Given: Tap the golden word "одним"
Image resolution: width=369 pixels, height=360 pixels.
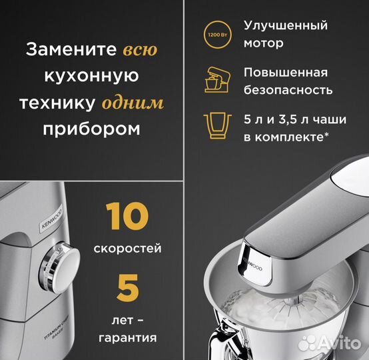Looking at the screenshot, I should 133,103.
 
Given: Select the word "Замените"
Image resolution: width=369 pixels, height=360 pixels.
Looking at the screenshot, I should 72,50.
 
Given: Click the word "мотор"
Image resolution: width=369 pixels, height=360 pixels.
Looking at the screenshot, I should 264,43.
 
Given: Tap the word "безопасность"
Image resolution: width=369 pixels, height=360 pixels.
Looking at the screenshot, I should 288,90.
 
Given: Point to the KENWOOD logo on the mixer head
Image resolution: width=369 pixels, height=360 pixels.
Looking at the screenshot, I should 252,261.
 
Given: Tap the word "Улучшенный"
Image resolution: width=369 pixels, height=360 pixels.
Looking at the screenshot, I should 286,25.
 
